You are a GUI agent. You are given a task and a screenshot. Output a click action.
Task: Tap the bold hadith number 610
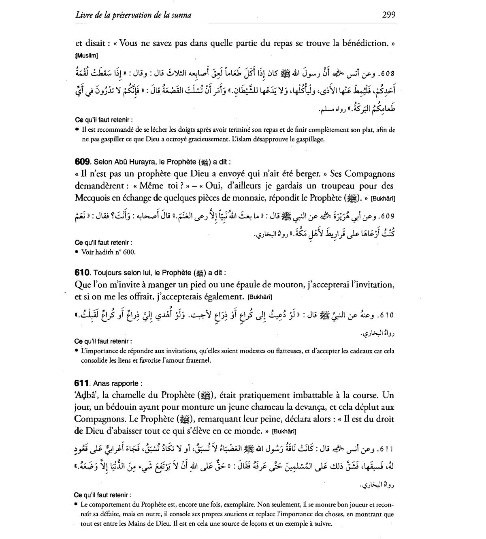pyautogui.click(x=83, y=272)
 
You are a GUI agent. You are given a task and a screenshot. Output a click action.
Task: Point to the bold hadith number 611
pyautogui.click(x=82, y=383)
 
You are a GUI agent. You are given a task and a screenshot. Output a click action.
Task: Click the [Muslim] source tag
pyautogui.click(x=87, y=56)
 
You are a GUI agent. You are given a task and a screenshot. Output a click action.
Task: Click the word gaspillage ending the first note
pyautogui.click(x=309, y=139)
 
